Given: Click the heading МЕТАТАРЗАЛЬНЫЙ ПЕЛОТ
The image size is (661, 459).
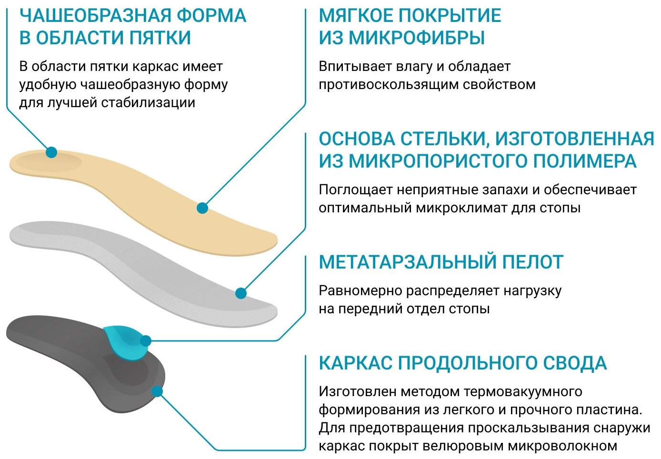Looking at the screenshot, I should click(x=441, y=262).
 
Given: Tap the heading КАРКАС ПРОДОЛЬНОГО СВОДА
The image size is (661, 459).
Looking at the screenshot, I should click(x=462, y=363).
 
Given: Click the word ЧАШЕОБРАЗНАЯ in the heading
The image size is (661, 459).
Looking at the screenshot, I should click(x=95, y=16).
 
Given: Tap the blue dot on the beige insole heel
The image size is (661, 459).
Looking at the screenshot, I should click(x=51, y=152).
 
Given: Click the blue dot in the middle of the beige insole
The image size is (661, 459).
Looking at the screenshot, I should click(x=202, y=208).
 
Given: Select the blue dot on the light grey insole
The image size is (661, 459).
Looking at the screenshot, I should click(x=241, y=293).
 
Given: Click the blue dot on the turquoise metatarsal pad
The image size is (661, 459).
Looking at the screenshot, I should click(x=146, y=341).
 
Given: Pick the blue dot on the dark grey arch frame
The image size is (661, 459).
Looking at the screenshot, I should click(x=157, y=391).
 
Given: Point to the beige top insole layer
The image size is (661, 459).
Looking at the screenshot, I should click(x=143, y=195).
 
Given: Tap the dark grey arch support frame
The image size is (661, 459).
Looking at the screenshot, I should click(x=71, y=362).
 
